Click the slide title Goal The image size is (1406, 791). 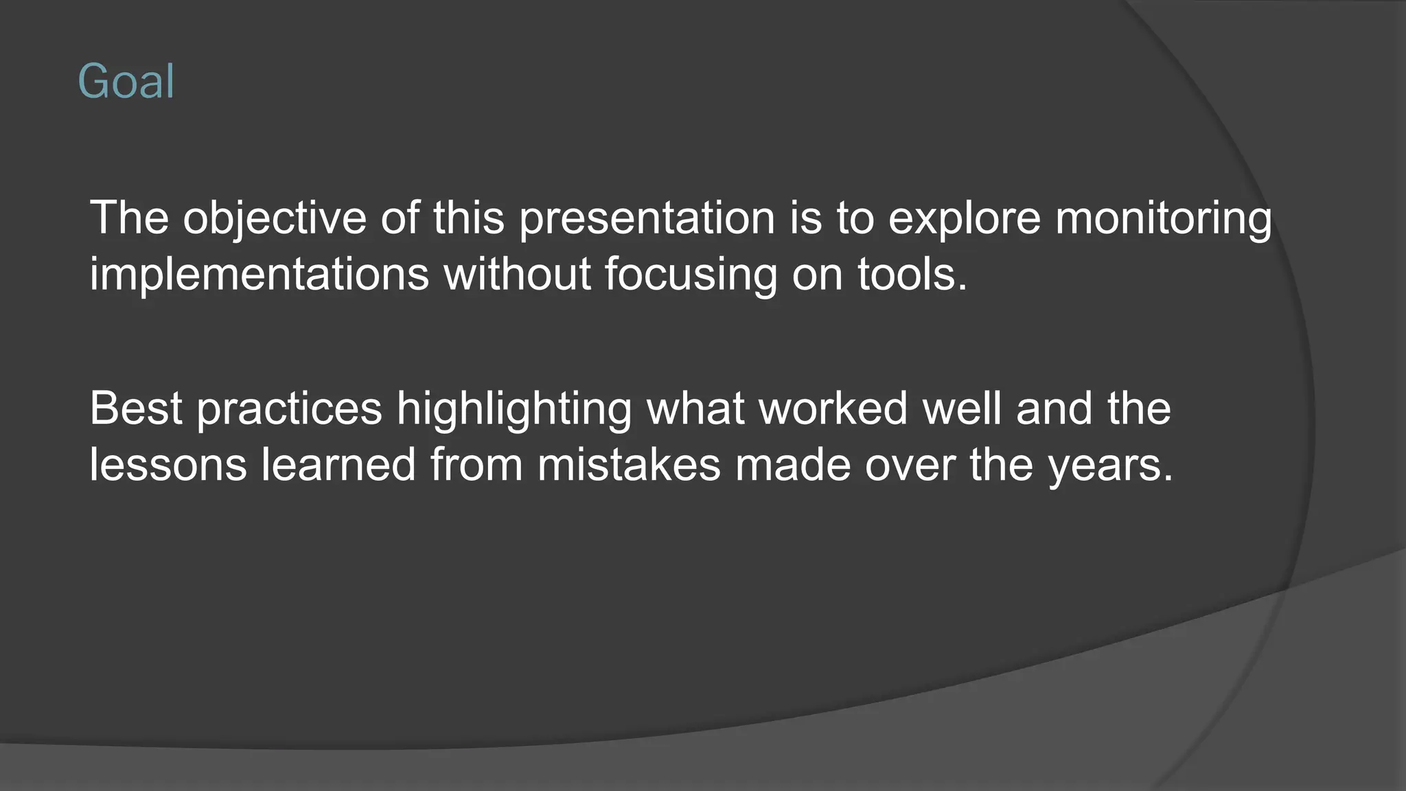[x=126, y=82]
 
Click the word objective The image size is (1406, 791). [x=275, y=218]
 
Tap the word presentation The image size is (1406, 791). [x=647, y=218]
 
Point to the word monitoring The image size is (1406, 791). [x=1164, y=218]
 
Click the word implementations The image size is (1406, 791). [x=260, y=274]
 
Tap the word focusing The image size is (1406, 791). [x=691, y=274]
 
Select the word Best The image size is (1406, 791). [x=136, y=409]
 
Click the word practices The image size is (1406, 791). [x=289, y=409]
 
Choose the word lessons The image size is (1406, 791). [x=168, y=465]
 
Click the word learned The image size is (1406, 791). [x=338, y=465]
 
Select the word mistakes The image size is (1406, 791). [x=629, y=465]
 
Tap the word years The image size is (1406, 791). [x=1110, y=465]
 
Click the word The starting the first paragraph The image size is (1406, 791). [x=129, y=218]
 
